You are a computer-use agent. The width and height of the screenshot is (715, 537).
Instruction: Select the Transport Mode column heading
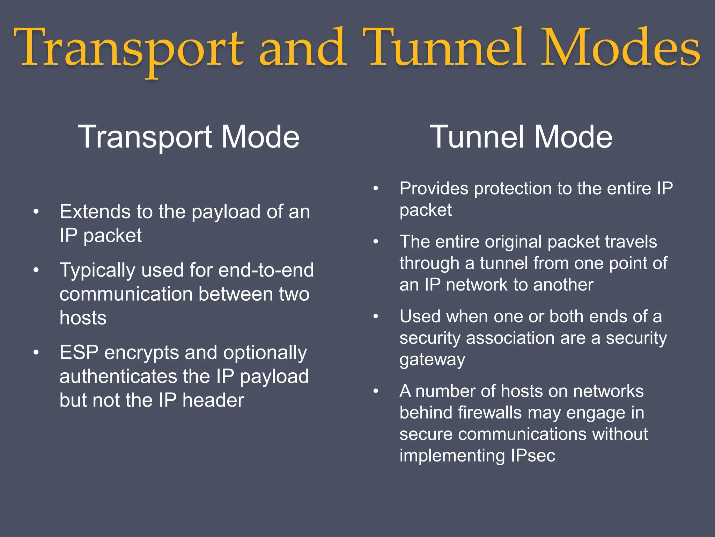coord(189,137)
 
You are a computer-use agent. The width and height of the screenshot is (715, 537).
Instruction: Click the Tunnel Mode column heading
coord(521,137)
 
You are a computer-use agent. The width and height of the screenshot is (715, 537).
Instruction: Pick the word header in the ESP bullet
coord(213,400)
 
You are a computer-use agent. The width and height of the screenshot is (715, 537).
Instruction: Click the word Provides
coord(434,189)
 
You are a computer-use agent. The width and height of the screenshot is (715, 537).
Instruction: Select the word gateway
coord(432,360)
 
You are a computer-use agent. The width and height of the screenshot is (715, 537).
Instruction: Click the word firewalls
coord(490,413)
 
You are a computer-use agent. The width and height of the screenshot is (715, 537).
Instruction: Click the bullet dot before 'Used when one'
coord(376,316)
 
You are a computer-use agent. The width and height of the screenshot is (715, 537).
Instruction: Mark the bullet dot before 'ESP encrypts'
coord(36,352)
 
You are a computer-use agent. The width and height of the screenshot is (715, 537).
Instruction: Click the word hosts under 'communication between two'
coord(83,318)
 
